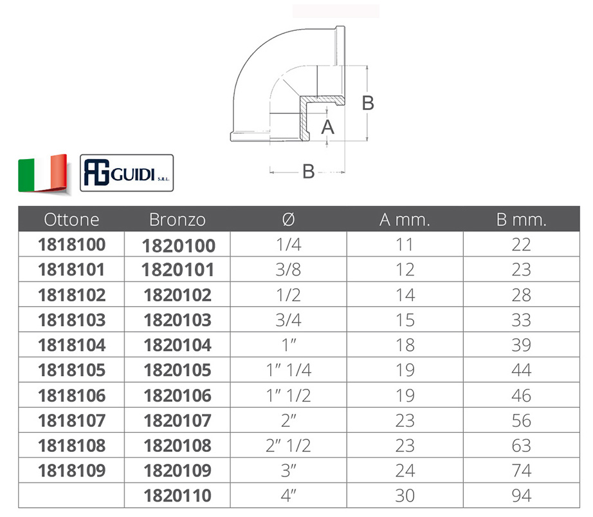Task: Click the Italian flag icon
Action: [x=42, y=174]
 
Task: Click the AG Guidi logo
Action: [x=127, y=173]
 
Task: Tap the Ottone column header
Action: [x=71, y=220]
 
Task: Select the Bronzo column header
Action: [x=178, y=220]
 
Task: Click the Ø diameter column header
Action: [x=289, y=220]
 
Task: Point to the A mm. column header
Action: [x=405, y=220]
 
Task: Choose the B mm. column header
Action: [x=521, y=220]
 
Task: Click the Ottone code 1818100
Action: [x=71, y=245]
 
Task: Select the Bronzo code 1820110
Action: [x=178, y=495]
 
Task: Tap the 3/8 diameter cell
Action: [x=289, y=270]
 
